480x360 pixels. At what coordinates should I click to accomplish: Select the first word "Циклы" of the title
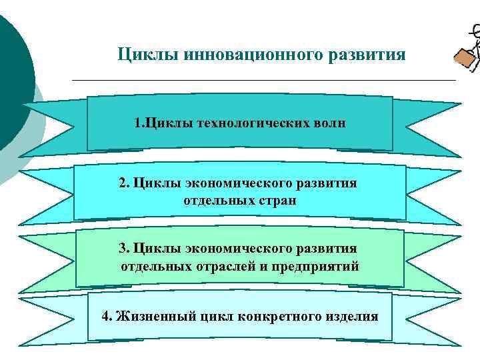tap(145, 53)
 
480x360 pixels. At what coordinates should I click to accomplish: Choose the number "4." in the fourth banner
tap(107, 316)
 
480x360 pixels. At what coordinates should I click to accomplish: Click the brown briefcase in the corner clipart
tap(465, 59)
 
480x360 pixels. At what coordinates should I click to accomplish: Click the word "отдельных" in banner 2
tap(213, 200)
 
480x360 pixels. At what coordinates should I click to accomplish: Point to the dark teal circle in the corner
tap(13, 80)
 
